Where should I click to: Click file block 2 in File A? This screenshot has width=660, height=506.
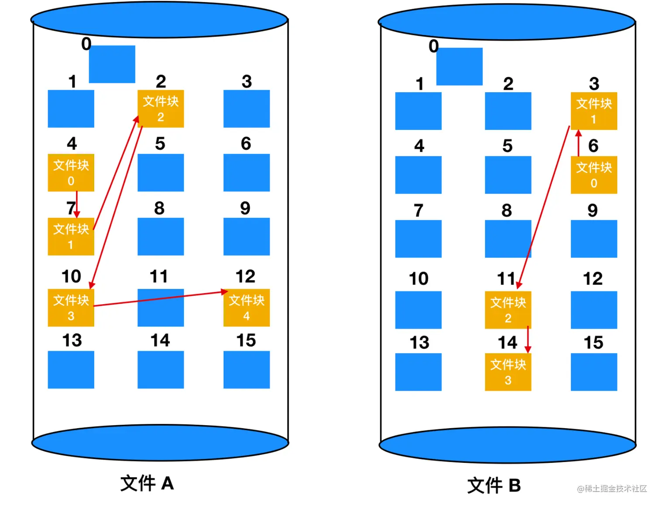click(x=161, y=109)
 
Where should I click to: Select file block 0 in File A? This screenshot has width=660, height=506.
click(x=71, y=173)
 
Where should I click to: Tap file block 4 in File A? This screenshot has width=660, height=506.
click(x=247, y=308)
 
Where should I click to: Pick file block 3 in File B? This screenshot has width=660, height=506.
click(x=508, y=372)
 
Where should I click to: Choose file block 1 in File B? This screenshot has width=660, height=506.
click(x=594, y=111)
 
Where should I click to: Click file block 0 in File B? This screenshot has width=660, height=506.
click(x=594, y=175)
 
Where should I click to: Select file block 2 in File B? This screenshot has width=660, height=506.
click(x=508, y=310)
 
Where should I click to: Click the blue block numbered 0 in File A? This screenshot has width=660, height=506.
click(x=112, y=64)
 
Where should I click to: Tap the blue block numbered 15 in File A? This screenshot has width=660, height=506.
click(x=247, y=370)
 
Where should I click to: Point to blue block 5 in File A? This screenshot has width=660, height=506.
click(x=161, y=173)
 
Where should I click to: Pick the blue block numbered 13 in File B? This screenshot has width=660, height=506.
click(x=418, y=372)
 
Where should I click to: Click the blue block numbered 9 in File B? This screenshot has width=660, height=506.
click(x=594, y=239)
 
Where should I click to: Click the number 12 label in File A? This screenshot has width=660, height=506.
click(x=245, y=277)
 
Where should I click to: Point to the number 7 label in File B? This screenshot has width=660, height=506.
click(x=419, y=211)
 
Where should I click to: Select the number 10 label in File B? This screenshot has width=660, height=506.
click(x=419, y=279)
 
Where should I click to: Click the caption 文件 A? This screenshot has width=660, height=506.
click(x=147, y=483)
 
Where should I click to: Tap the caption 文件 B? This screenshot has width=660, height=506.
click(x=494, y=485)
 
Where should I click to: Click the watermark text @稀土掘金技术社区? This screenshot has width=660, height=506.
click(x=612, y=489)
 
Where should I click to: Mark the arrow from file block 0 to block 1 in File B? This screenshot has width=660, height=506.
click(x=578, y=143)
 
